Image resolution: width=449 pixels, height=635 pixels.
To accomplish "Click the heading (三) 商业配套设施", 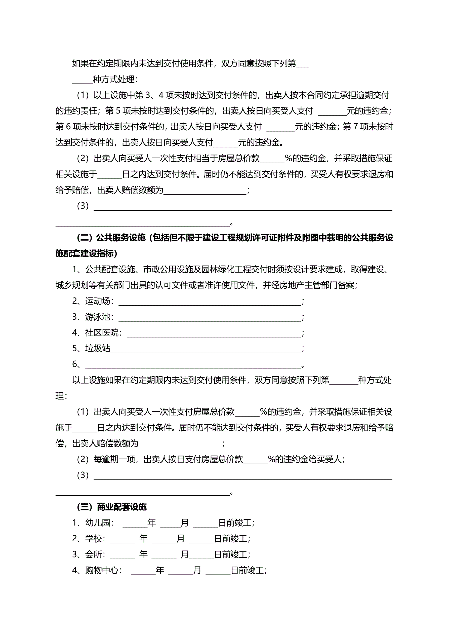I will pos(112,507).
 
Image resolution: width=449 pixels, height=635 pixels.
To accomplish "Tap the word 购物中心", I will pos(102,570).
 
